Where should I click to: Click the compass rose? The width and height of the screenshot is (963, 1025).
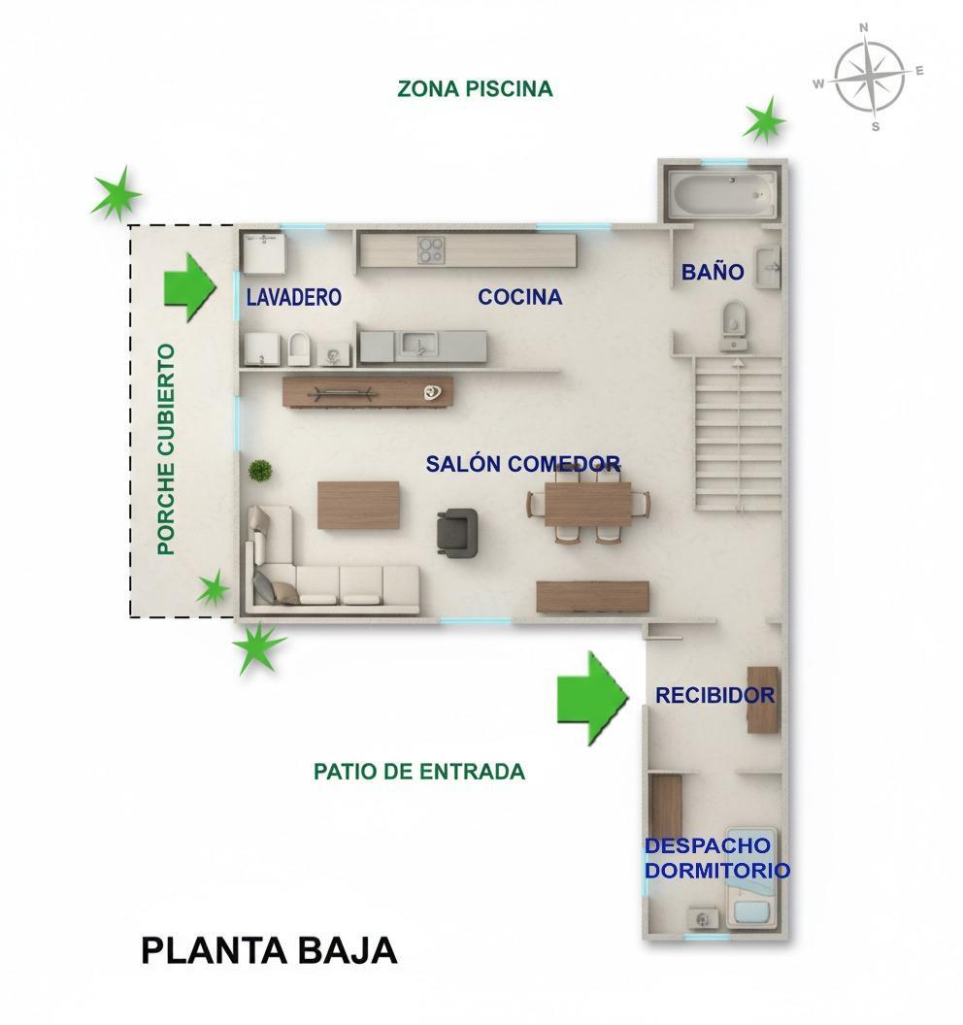tap(870, 77)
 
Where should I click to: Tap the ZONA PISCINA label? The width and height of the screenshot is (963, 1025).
tap(475, 89)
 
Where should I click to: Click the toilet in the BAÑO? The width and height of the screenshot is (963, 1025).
tap(734, 324)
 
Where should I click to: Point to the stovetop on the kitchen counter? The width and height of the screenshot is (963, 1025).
tap(431, 249)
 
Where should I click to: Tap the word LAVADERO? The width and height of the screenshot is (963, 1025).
tap(293, 297)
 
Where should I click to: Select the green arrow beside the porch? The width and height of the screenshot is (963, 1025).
tap(188, 286)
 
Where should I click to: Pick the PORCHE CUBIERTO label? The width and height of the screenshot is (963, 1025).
tap(167, 448)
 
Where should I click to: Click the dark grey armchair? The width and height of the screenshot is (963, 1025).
tap(457, 531)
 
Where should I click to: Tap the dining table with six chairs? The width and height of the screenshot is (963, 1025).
tap(587, 504)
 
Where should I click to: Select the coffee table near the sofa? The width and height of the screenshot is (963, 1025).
tap(358, 505)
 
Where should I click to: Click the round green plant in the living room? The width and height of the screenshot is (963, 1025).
tap(260, 471)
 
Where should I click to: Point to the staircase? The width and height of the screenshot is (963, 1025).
tap(738, 432)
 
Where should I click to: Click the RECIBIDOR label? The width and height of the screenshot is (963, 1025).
tap(714, 695)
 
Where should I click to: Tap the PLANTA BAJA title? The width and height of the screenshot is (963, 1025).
tap(269, 950)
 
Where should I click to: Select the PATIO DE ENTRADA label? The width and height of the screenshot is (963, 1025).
tap(418, 772)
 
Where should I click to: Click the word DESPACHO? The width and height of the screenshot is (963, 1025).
tap(707, 846)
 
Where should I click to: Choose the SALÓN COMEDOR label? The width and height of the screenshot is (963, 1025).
tap(522, 464)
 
